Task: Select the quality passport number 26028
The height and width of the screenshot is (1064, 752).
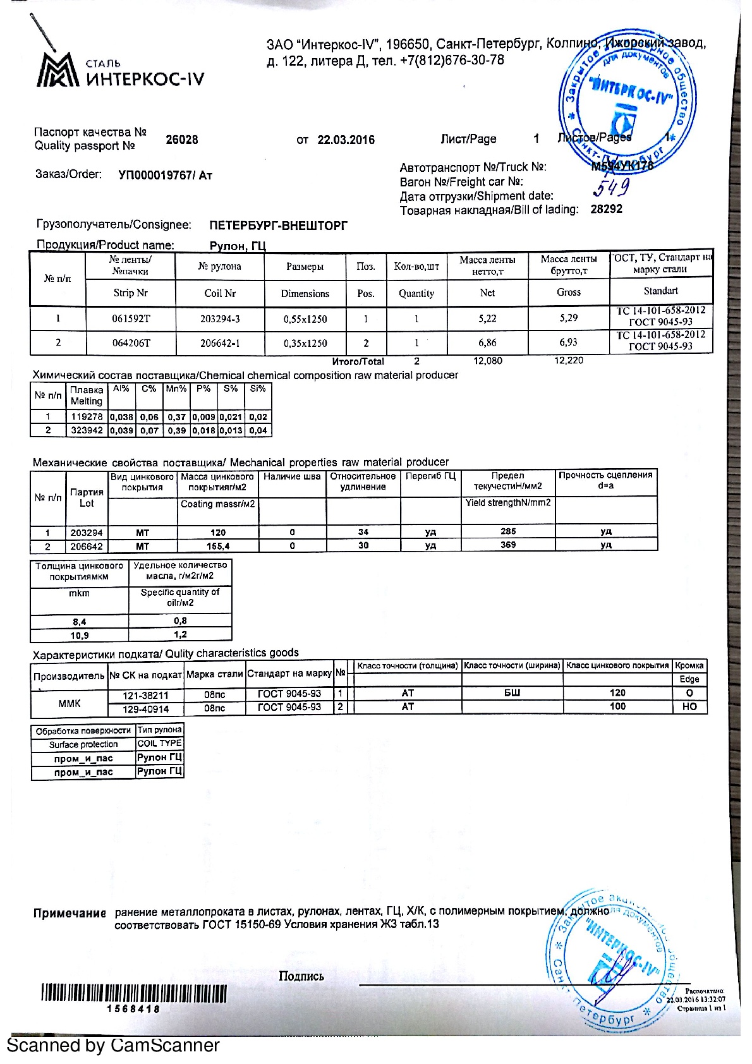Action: [x=181, y=140]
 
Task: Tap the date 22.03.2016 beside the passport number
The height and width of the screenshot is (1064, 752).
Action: [x=346, y=140]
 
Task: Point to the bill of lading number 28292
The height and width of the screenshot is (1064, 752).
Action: [x=606, y=209]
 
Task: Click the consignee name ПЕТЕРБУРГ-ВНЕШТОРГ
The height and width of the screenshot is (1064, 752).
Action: [x=278, y=226]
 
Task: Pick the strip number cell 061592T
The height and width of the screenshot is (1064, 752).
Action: [x=131, y=319]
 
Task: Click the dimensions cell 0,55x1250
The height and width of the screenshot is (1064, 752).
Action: [x=305, y=319]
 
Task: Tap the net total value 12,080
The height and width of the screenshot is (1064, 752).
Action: [x=488, y=361]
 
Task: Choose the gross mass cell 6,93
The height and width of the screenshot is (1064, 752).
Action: [x=568, y=342]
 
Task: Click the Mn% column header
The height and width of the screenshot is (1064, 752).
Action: [x=176, y=389]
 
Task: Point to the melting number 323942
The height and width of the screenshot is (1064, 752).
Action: [x=87, y=430]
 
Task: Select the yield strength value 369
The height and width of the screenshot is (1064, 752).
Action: [x=508, y=545]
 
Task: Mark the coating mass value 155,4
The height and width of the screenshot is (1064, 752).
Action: [x=218, y=546]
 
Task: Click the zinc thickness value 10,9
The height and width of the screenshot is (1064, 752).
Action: [x=80, y=635]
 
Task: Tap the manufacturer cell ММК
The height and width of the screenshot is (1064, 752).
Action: [x=70, y=703]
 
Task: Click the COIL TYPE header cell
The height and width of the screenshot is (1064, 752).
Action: [x=159, y=744]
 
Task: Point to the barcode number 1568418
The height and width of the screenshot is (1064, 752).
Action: [x=133, y=1009]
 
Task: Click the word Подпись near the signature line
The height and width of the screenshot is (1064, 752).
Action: [x=301, y=976]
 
